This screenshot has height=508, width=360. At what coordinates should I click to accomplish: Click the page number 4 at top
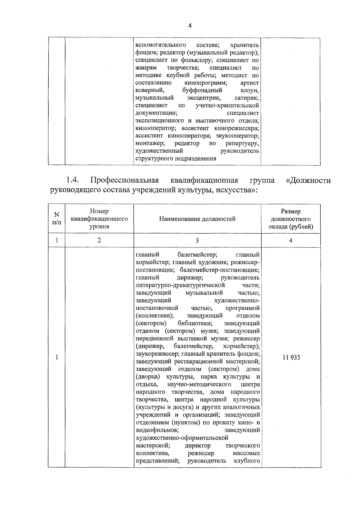pyautogui.click(x=190, y=26)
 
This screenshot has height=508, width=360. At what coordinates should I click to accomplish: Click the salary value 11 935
pyautogui.click(x=291, y=357)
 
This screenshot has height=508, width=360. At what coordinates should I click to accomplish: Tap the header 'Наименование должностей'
pyautogui.click(x=197, y=219)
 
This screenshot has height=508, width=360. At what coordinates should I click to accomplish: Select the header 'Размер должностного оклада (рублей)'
pyautogui.click(x=291, y=219)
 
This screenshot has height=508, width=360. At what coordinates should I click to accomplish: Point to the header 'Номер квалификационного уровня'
pyautogui.click(x=99, y=219)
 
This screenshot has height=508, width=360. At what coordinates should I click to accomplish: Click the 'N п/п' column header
pyautogui.click(x=56, y=219)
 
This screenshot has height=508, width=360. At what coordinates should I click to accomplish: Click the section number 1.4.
pyautogui.click(x=72, y=180)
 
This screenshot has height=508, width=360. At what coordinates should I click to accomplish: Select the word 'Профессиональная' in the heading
pyautogui.click(x=124, y=180)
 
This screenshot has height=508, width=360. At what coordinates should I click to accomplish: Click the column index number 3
pyautogui.click(x=197, y=240)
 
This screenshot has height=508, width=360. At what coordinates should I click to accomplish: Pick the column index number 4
pyautogui.click(x=291, y=240)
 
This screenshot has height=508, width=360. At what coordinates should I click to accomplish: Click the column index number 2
pyautogui.click(x=99, y=240)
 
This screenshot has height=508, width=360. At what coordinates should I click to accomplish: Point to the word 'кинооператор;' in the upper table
pyautogui.click(x=154, y=128)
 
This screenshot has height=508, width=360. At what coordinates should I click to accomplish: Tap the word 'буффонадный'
pyautogui.click(x=202, y=90)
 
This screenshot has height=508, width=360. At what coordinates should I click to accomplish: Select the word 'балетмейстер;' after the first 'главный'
pyautogui.click(x=197, y=255)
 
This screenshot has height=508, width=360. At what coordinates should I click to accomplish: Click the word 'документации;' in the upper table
pyautogui.click(x=156, y=113)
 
